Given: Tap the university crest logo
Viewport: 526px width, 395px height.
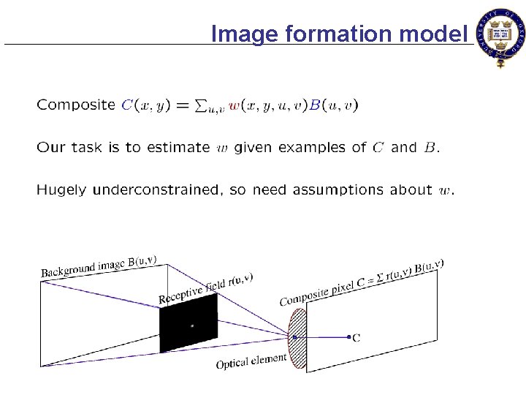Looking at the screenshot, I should tap(500, 37).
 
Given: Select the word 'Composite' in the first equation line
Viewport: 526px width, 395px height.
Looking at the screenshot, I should tap(76, 105).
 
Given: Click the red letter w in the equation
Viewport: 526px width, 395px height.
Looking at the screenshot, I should tap(234, 105).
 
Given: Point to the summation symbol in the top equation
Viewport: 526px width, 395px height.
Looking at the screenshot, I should tap(201, 105).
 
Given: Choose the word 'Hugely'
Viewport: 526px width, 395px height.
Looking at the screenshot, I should tap(61, 191).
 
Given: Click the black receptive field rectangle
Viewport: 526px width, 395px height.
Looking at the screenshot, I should tap(188, 325).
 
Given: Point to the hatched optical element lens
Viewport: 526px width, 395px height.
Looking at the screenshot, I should tap(298, 338).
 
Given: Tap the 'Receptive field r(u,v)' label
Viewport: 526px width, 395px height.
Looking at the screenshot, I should tap(206, 288).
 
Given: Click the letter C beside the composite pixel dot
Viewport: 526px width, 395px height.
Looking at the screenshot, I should tap(357, 338).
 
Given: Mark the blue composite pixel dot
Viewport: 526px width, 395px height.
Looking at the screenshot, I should tap(348, 337).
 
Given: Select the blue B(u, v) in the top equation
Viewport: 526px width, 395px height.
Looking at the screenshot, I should tap(333, 105).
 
